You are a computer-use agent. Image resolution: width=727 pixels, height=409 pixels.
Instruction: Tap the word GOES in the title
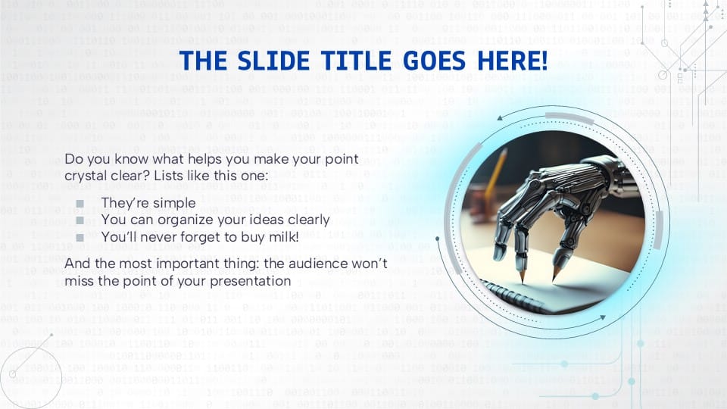[x=433, y=61]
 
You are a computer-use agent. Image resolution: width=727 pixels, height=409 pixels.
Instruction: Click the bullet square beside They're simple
[x=80, y=204]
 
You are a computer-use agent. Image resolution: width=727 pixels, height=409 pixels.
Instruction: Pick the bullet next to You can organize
[x=80, y=220]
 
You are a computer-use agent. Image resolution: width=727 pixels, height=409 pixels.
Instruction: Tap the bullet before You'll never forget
[x=80, y=237]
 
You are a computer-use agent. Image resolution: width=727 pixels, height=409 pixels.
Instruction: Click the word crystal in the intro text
[x=83, y=176]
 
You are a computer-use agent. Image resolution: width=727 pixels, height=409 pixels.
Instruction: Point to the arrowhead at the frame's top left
[x=500, y=118]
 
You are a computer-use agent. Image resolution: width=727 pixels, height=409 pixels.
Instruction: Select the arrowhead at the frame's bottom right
[x=603, y=317]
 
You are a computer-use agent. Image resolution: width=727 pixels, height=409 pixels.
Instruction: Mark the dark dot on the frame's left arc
[x=437, y=239]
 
